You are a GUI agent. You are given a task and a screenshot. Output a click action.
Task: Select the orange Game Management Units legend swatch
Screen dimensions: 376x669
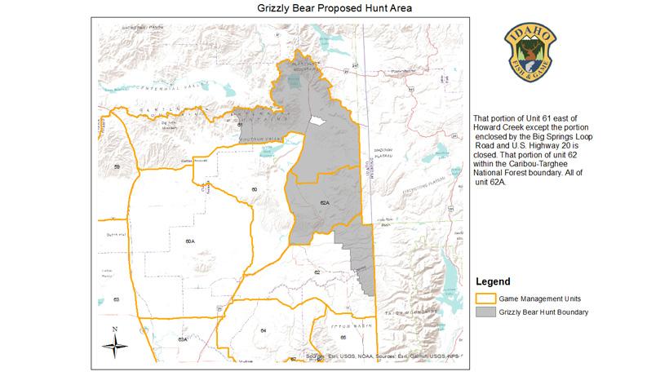(x=487, y=298)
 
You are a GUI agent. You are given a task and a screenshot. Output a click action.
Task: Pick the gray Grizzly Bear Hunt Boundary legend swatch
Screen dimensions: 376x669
(x=487, y=312)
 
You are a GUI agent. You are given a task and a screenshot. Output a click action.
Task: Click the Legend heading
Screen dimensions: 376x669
(x=494, y=281)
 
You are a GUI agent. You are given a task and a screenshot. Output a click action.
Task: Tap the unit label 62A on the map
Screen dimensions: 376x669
(x=324, y=201)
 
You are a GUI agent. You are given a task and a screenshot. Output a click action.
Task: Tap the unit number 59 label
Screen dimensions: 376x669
(x=117, y=166)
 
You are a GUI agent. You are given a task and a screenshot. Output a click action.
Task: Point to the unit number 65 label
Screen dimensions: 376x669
(x=343, y=336)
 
